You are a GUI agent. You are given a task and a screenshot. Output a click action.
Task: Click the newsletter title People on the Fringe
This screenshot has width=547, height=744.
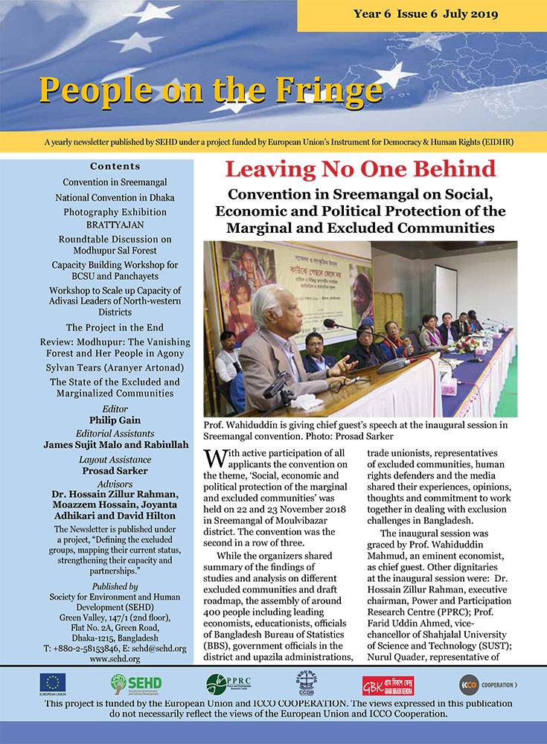(x=211, y=89)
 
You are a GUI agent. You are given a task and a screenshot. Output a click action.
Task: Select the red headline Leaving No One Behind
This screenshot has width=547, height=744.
(x=360, y=170)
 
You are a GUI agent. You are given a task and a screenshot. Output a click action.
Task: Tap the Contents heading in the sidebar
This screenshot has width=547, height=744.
(x=115, y=166)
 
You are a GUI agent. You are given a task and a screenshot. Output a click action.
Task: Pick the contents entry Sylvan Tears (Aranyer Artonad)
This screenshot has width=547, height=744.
(x=115, y=368)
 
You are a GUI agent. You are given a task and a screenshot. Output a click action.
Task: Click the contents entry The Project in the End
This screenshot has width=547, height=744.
(x=115, y=327)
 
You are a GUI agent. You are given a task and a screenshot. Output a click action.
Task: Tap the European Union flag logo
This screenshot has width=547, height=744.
(x=52, y=683)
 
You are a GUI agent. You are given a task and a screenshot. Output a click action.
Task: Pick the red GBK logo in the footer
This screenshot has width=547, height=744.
(x=388, y=683)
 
